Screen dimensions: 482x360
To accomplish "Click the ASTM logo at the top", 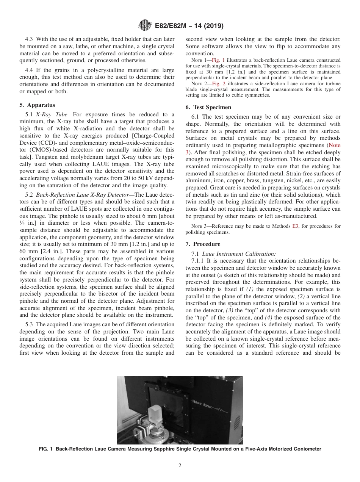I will tap(145, 26).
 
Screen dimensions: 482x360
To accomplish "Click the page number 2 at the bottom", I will tap(180, 466).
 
